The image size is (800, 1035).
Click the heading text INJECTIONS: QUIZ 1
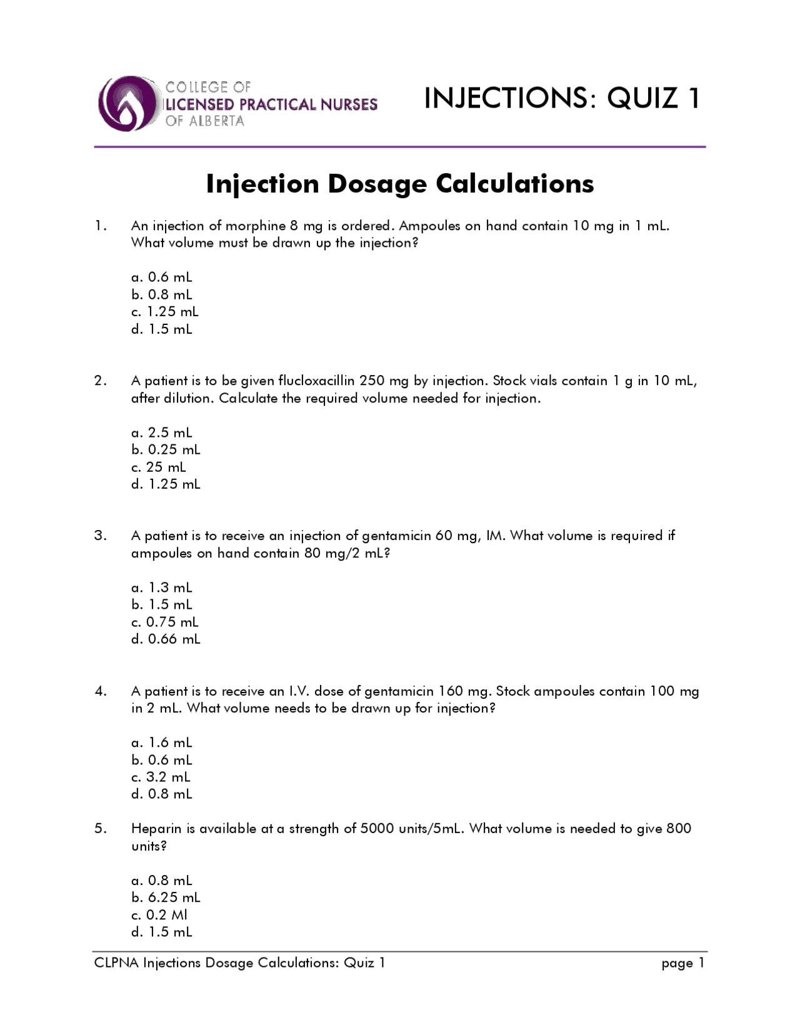coord(562,98)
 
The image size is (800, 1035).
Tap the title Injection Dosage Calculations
coord(400,184)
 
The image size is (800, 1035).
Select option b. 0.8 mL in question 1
coord(162,294)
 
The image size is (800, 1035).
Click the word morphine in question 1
coord(255,226)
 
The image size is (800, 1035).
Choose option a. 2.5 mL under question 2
coord(162,432)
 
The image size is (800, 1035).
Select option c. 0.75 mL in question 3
coord(165,622)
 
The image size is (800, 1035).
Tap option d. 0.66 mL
coord(166,639)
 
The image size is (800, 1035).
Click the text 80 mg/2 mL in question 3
coord(347,553)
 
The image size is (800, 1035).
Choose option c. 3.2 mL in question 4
coord(161,777)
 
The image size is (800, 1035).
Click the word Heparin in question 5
coord(156,829)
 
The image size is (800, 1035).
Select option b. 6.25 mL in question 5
coord(166,897)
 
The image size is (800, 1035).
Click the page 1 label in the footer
coord(683,963)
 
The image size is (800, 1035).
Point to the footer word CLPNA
coord(116,963)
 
